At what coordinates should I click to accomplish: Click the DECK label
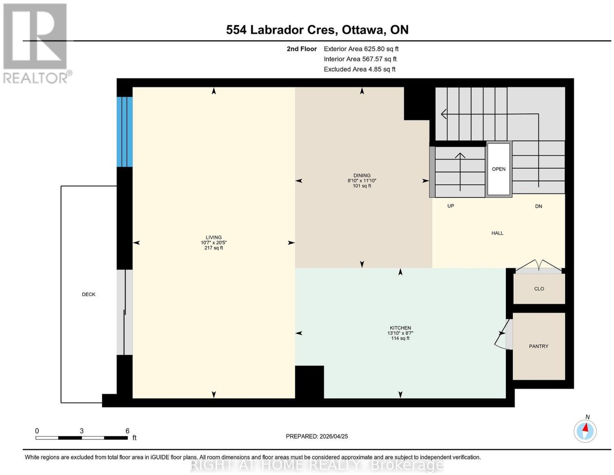coord(88,294)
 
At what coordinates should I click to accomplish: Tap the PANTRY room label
coord(538,346)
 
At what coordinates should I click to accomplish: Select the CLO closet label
coord(539,289)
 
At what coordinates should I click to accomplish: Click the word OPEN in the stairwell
coord(499,169)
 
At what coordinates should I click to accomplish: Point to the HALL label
coord(497,233)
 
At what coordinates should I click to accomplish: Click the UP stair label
coord(451,206)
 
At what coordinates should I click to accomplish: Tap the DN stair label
coord(538,206)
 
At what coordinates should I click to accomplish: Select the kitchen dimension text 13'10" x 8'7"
coord(400,333)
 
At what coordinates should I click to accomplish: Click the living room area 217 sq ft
coord(214,248)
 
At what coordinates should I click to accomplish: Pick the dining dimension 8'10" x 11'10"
coord(362,181)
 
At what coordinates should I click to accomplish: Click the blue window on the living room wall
coord(125,132)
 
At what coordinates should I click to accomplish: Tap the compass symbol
coord(585,431)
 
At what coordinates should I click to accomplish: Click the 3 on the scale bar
coord(82,431)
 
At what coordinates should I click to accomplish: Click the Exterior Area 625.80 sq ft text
coord(361,49)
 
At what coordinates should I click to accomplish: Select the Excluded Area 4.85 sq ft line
coord(360,69)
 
